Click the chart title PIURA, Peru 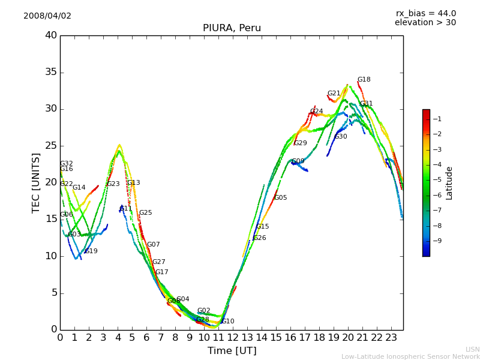[232, 28]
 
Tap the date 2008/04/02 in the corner [47, 16]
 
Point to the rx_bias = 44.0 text [425, 14]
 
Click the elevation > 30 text [425, 23]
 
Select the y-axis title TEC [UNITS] [36, 182]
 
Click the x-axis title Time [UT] [232, 351]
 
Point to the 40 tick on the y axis [50, 35]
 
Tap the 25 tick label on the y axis [50, 146]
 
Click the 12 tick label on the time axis [233, 338]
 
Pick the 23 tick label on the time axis [391, 338]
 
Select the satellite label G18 [364, 80]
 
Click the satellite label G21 [334, 94]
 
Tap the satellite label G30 [341, 137]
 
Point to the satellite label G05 [280, 198]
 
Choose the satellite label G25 [145, 213]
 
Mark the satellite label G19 [91, 251]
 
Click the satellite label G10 [227, 322]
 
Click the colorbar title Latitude [449, 183]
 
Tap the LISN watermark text [473, 349]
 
